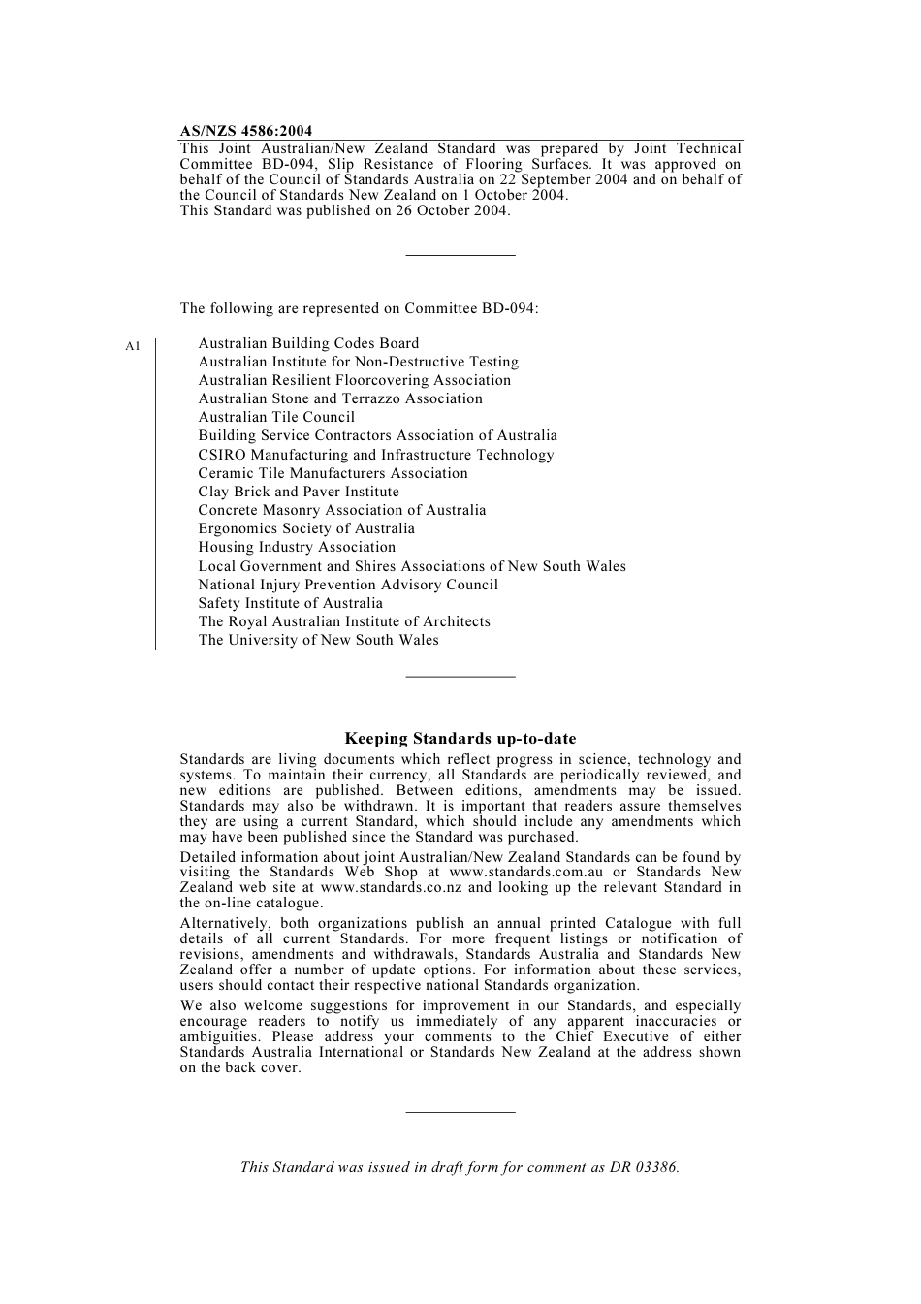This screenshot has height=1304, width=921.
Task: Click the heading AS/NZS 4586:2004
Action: [246, 131]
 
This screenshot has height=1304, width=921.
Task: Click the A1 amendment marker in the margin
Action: [134, 345]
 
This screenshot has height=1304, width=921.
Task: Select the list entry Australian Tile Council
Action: [276, 417]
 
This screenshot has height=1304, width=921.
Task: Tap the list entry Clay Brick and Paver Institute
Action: [299, 492]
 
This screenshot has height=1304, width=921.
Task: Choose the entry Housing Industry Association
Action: [297, 547]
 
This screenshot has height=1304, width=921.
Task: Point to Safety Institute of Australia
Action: [290, 603]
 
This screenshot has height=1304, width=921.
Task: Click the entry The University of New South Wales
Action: [318, 640]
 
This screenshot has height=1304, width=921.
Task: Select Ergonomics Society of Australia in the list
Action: [306, 528]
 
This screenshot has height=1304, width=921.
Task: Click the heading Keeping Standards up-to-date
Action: [460, 739]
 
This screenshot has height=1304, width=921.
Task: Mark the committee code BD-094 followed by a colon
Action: [510, 309]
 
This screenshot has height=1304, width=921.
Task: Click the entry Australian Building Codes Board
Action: [308, 343]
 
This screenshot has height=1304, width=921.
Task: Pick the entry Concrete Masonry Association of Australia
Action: [342, 510]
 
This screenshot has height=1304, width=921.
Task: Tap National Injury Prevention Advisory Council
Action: [348, 585]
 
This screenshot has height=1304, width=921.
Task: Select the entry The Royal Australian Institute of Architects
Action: [344, 621]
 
